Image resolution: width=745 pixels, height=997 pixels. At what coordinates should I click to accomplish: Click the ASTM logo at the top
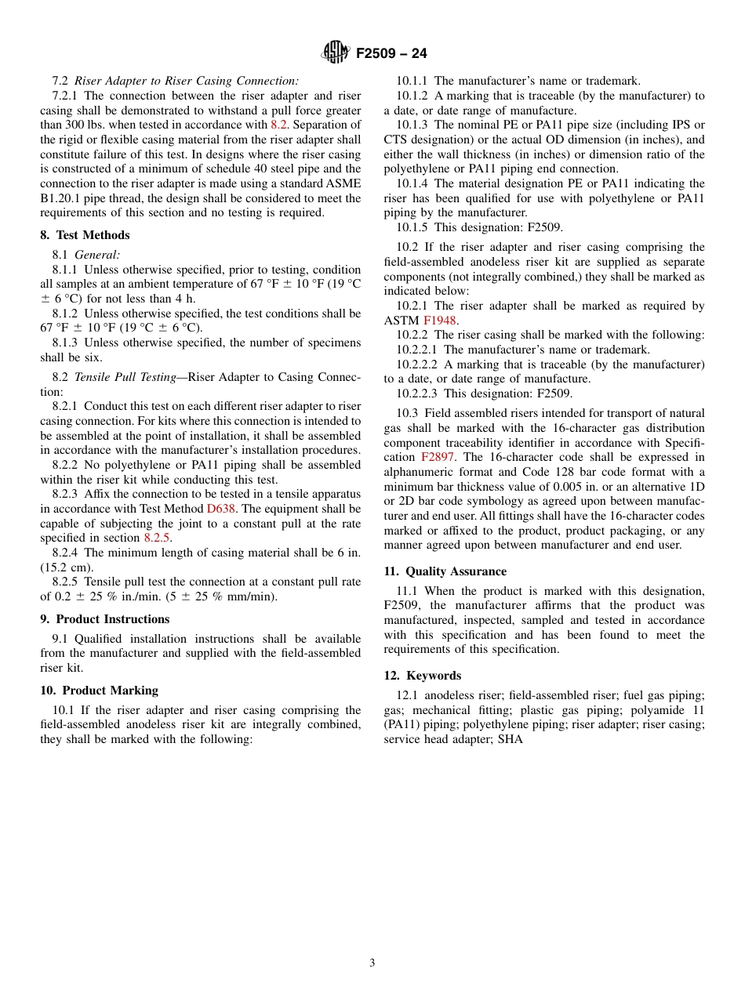(x=336, y=53)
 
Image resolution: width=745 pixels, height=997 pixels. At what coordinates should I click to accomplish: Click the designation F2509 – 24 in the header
(x=391, y=53)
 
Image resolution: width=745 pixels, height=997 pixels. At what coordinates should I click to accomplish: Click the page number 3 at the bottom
(x=372, y=963)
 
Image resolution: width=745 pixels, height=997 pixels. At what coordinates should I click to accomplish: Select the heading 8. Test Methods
(x=85, y=235)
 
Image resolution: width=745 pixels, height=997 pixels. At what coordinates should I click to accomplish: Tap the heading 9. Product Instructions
(x=104, y=619)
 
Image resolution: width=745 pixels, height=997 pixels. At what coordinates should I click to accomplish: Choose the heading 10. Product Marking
(x=99, y=691)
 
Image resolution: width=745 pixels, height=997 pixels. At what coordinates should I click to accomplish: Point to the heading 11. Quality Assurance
(x=445, y=571)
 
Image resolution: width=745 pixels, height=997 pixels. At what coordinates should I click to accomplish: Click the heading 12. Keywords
(x=422, y=676)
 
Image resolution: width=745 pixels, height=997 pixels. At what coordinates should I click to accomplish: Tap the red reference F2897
(x=438, y=457)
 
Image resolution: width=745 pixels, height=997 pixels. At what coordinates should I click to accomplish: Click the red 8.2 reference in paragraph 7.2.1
(x=279, y=125)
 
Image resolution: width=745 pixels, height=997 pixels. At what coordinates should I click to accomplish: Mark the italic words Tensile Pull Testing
(x=125, y=377)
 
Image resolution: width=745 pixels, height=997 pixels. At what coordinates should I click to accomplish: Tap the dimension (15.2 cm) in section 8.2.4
(x=67, y=567)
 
